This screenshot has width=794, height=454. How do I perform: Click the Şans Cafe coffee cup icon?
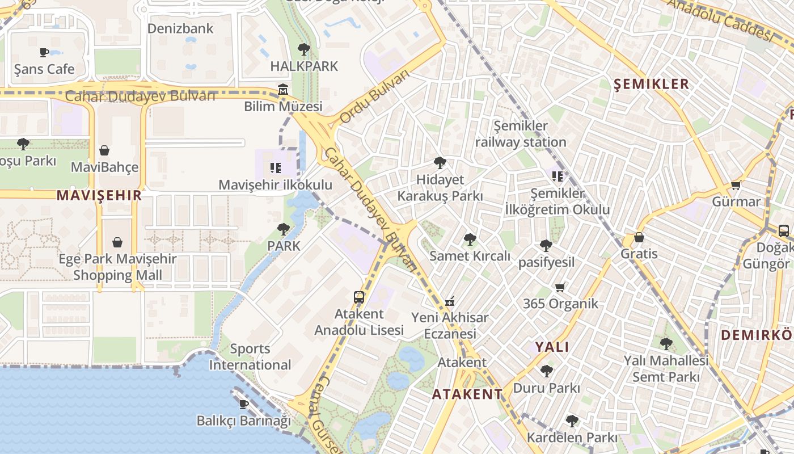(44, 52)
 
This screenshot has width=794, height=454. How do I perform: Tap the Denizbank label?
(180, 28)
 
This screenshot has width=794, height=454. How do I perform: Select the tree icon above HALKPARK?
(304, 49)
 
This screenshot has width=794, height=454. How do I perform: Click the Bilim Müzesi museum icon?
(283, 90)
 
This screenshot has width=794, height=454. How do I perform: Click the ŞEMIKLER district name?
(652, 84)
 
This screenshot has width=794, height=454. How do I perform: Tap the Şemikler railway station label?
(521, 134)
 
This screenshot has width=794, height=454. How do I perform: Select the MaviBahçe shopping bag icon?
(104, 150)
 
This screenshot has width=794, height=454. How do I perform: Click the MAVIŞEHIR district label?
(99, 196)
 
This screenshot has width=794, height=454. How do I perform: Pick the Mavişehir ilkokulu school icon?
(276, 167)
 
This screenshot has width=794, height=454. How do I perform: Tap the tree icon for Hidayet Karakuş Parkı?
(440, 163)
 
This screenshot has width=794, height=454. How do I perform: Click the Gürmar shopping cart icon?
(736, 185)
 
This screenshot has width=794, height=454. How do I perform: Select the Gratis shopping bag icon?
(639, 237)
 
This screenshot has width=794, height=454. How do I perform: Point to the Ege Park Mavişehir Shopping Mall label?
(118, 267)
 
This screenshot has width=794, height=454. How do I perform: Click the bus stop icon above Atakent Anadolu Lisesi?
(359, 297)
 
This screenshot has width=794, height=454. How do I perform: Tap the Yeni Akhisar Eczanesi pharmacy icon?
(450, 301)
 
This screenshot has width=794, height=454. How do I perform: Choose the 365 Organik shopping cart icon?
(560, 287)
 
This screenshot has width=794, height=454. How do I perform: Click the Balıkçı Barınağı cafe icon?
(244, 404)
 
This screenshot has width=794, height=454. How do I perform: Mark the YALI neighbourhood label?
(552, 347)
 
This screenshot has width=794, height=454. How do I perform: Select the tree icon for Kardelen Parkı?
(572, 421)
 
